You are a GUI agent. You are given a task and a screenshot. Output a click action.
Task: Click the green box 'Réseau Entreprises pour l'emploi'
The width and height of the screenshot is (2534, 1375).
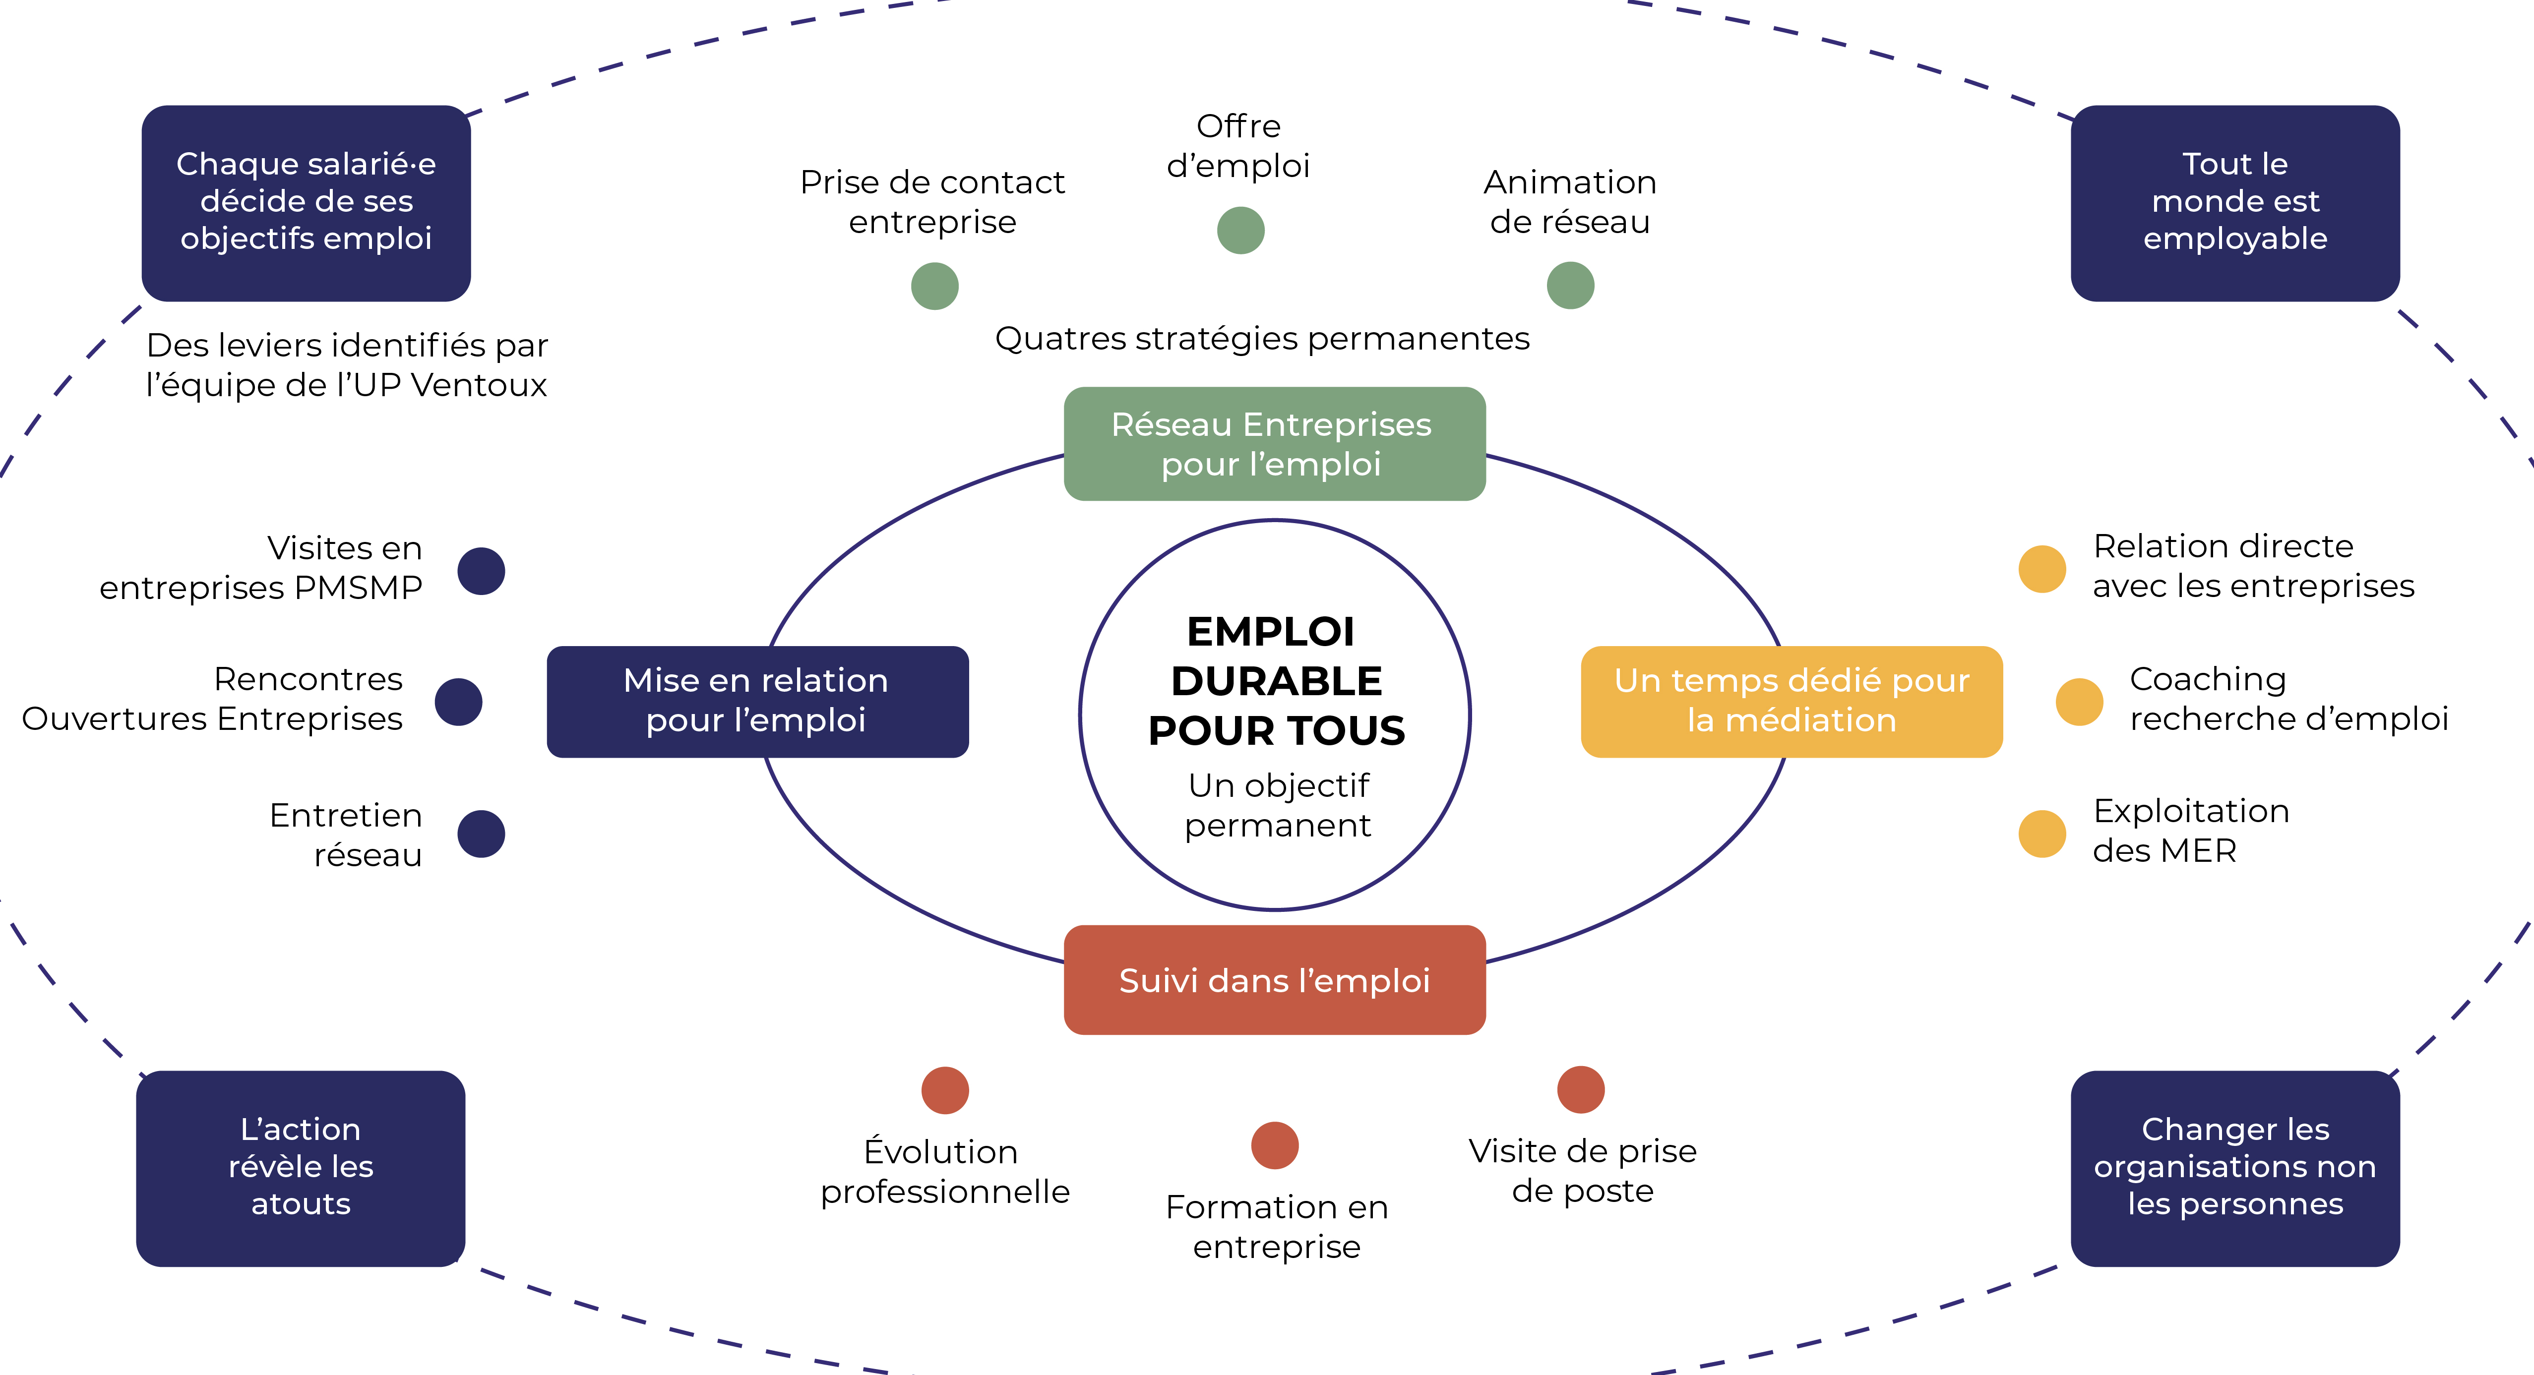pos(1274,444)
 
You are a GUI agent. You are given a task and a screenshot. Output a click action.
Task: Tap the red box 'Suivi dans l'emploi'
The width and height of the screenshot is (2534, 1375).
pos(1274,980)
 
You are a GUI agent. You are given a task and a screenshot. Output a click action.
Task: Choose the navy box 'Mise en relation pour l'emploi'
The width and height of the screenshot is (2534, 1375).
pos(756,700)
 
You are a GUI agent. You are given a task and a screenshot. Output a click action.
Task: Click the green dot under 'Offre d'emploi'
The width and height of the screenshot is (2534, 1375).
pos(1240,230)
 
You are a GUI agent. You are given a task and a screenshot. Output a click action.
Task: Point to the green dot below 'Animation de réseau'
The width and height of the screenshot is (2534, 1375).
pos(1570,285)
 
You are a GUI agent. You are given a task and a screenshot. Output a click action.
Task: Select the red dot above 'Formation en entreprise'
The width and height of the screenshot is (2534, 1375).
pos(1275,1145)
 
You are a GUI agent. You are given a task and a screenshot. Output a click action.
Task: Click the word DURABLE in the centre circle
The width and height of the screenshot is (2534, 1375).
pos(1276,681)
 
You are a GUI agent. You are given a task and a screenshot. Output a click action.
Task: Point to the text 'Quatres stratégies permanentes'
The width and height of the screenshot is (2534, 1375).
pos(1262,338)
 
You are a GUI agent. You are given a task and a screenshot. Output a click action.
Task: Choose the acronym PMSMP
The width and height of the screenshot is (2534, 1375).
pos(358,587)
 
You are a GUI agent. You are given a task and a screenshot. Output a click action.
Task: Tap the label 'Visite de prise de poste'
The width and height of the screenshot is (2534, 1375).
pos(1582,1170)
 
